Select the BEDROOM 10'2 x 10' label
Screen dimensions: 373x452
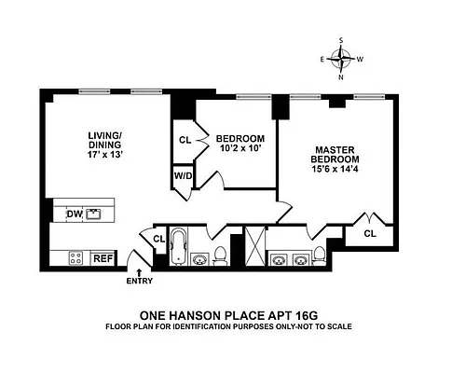point(231,140)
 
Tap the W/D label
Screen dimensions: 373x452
point(182,174)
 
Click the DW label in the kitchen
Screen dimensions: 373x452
point(74,214)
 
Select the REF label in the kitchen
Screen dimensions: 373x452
point(103,258)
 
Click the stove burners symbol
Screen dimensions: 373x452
point(75,258)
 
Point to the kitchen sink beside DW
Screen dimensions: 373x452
point(94,214)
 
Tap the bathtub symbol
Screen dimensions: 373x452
point(178,247)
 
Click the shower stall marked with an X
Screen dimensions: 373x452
point(252,247)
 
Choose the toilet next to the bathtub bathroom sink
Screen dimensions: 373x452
point(221,254)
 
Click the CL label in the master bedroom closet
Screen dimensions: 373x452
point(370,233)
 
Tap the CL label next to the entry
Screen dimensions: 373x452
point(158,239)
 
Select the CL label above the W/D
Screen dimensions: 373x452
point(184,141)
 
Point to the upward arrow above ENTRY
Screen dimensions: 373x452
point(139,270)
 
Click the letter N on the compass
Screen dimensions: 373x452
point(342,77)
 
